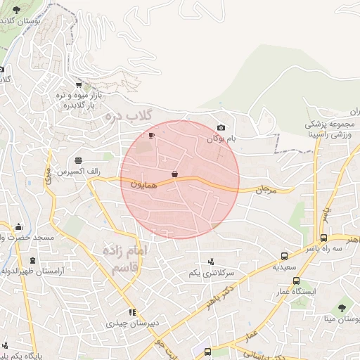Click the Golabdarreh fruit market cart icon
pos(78,84)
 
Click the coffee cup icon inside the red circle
pos(151,135)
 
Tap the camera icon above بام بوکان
pos(221,127)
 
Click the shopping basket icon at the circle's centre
pos(174,174)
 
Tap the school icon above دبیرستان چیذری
pos(131,312)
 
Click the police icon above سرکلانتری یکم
pos(211,262)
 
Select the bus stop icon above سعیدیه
pos(284,257)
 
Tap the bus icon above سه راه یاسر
pos(323,238)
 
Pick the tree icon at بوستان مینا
pos(342,307)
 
